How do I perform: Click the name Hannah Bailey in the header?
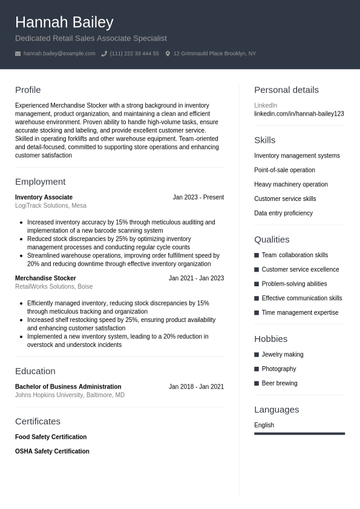64,22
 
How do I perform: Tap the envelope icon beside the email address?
18,54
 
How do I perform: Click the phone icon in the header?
104,54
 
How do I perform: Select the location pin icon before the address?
168,54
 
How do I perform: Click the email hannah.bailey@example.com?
59,54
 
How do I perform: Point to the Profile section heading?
28,90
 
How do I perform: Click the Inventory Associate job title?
44,197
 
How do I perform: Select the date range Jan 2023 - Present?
198,197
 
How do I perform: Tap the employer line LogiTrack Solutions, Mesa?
51,206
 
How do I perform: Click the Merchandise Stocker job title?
45,278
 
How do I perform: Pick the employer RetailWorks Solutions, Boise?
54,287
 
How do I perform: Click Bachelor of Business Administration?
68,387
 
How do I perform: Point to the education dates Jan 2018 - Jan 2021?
196,387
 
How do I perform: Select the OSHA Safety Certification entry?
52,452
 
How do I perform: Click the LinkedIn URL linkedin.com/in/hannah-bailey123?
299,114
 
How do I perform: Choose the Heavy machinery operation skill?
291,185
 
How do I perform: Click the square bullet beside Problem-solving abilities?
257,284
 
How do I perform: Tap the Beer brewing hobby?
280,383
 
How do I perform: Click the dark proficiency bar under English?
299,433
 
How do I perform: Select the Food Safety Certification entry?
51,437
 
